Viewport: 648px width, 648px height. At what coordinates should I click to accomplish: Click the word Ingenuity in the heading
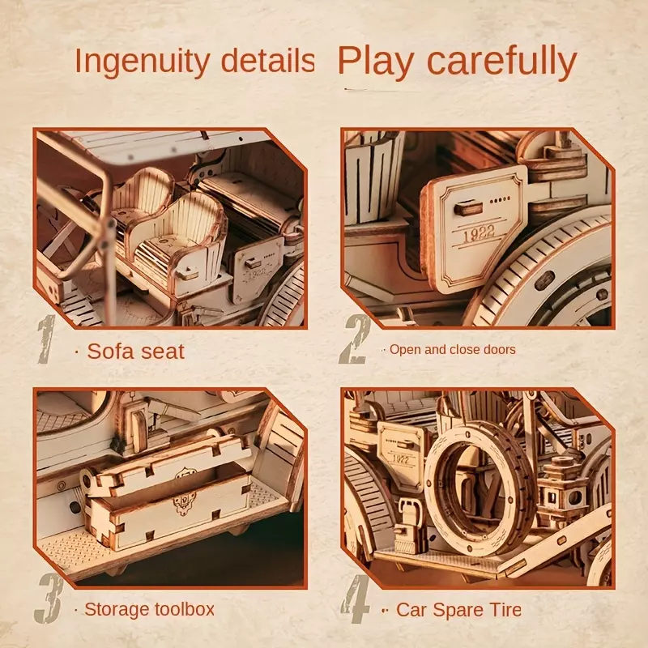click(x=143, y=62)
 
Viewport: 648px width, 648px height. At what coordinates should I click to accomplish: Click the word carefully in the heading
click(x=501, y=62)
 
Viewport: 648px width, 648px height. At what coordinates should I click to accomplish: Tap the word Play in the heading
click(x=376, y=62)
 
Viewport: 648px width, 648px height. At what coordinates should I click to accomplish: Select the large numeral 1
click(x=46, y=339)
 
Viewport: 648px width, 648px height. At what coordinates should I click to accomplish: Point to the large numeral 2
click(x=355, y=339)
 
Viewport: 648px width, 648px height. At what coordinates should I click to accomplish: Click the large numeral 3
click(x=49, y=598)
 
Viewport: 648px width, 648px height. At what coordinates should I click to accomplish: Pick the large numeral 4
click(x=356, y=598)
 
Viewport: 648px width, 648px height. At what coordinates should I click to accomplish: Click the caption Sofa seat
click(x=135, y=352)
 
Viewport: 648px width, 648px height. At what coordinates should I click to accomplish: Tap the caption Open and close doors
click(x=453, y=350)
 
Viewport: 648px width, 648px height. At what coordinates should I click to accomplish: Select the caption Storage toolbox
click(x=149, y=610)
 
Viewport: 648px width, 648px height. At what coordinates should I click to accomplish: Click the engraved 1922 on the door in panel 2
click(x=479, y=234)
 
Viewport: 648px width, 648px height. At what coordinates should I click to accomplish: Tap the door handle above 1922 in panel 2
click(x=467, y=208)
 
